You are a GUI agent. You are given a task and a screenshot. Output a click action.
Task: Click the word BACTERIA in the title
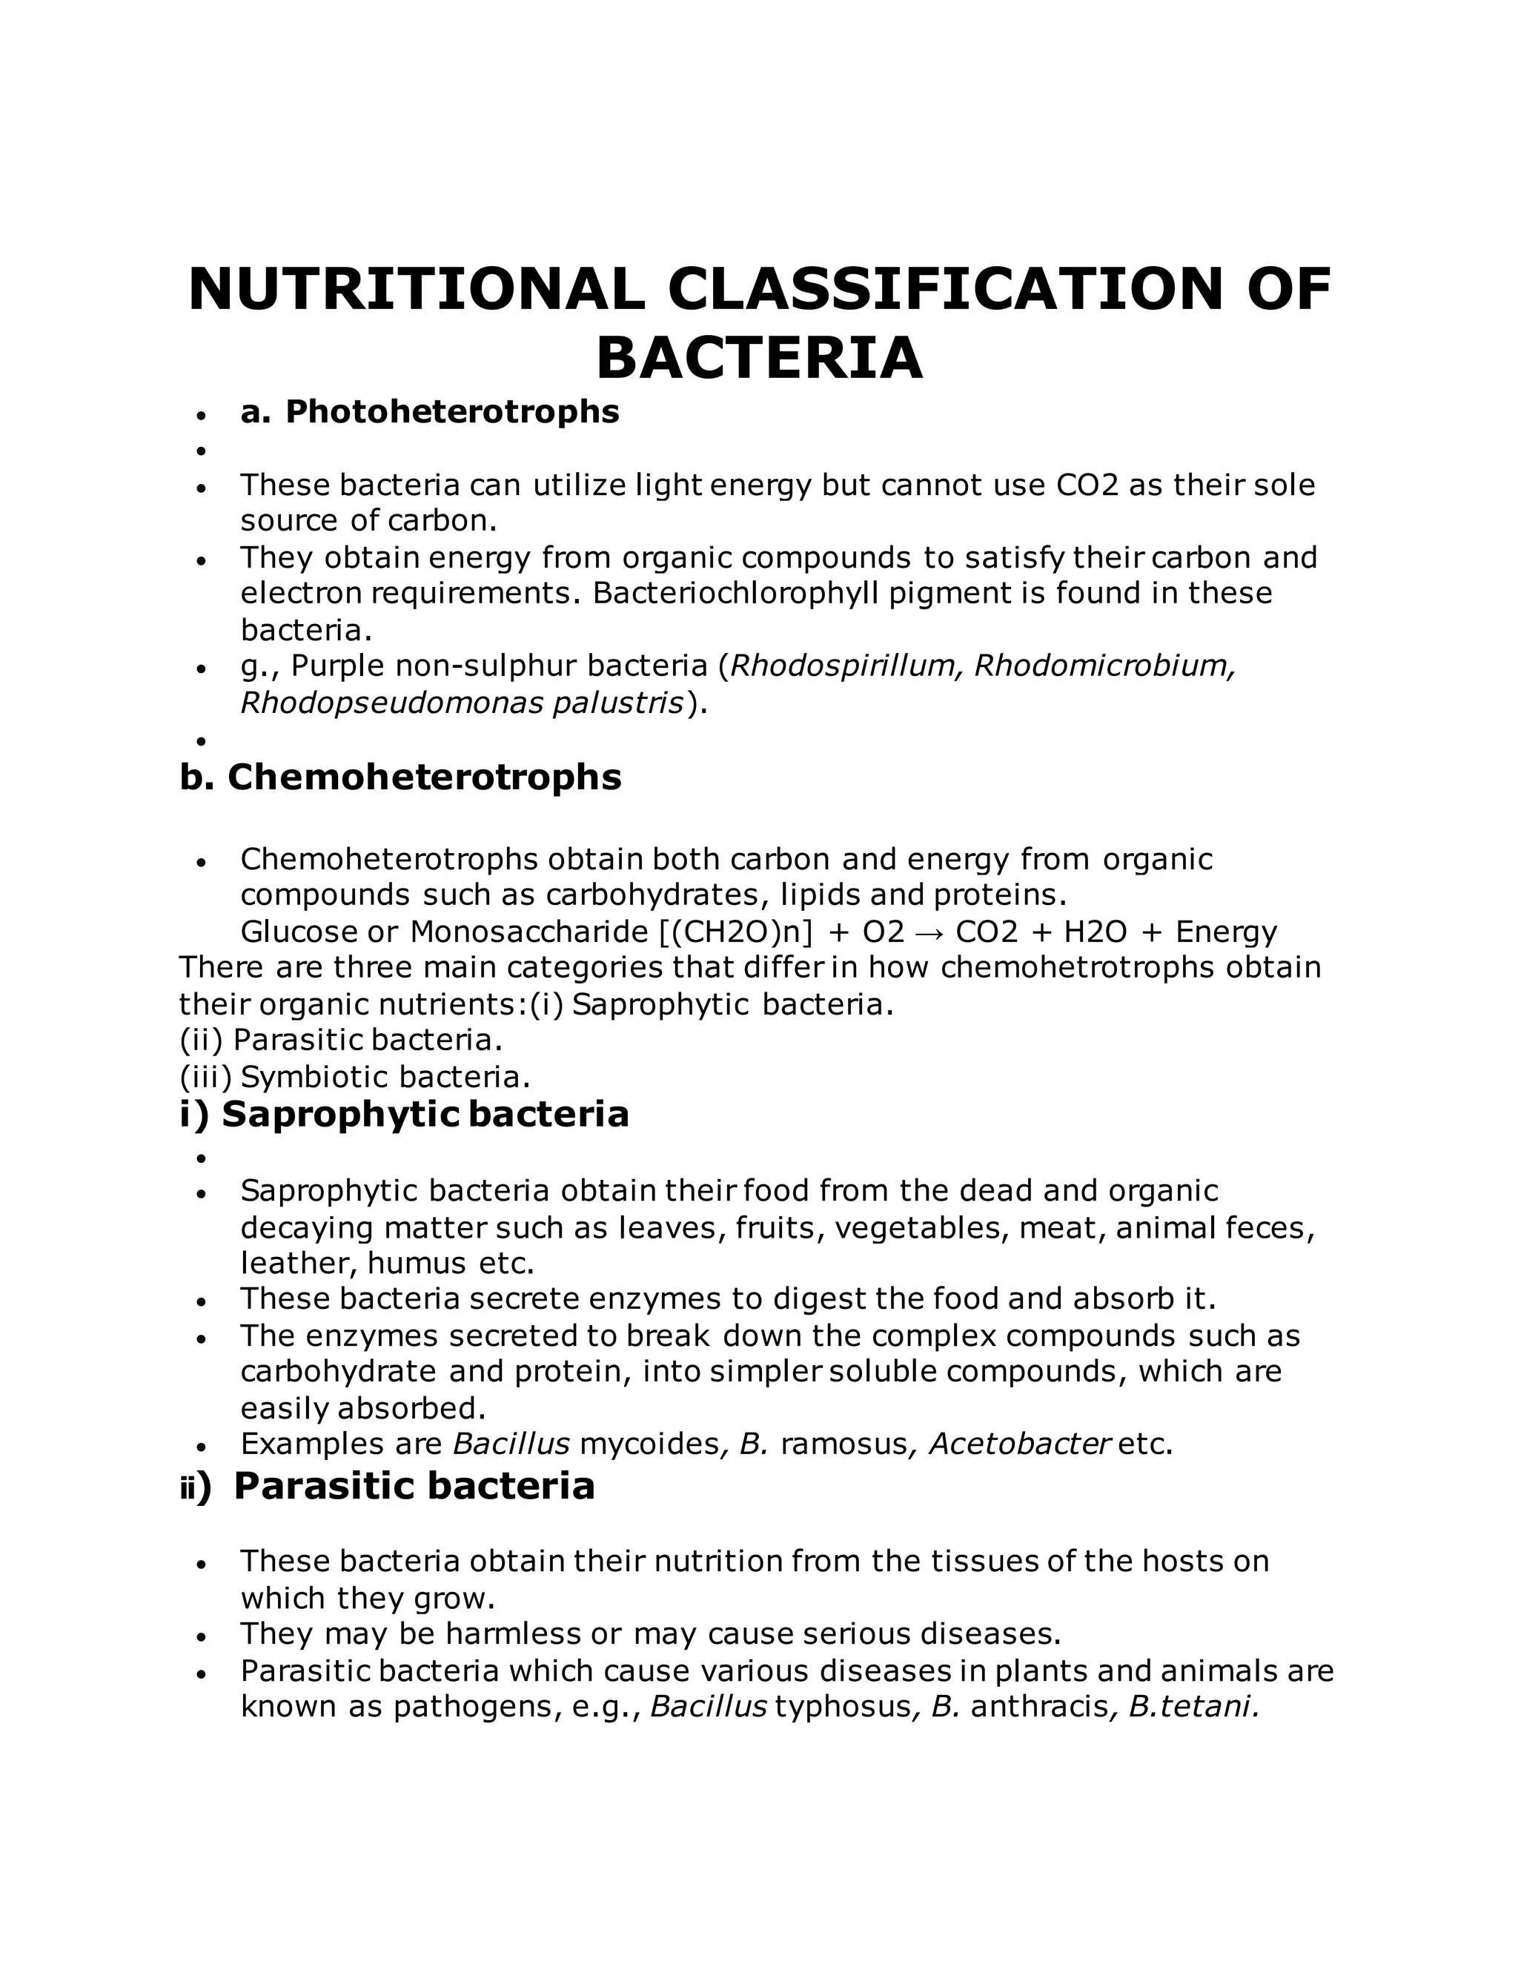pos(759,358)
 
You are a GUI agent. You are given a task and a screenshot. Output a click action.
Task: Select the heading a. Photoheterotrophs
pos(430,412)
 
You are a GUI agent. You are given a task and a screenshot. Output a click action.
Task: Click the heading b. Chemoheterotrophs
pos(400,777)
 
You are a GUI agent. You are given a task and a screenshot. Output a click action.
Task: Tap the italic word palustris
pos(618,703)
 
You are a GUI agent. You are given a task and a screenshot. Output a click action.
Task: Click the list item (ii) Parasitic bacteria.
pos(341,1041)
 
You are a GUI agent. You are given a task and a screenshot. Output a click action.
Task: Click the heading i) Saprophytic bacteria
pos(404,1114)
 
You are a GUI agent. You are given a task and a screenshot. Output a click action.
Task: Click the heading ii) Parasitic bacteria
pos(388,1485)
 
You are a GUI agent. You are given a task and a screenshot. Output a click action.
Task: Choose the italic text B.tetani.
pos(1193,1707)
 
